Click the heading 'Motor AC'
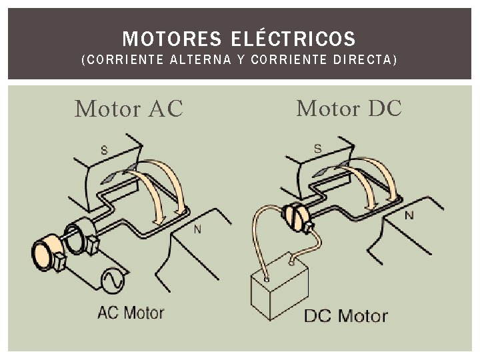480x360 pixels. pos(129,109)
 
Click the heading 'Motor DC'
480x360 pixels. pos(349,107)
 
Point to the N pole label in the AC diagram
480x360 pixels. pos(197,230)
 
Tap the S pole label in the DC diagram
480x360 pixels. pos(317,148)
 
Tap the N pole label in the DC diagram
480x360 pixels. pos(409,215)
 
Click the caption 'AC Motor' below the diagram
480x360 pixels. pos(131,312)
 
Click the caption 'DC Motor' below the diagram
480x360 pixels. pos(345,315)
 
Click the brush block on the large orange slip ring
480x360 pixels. pos(59,262)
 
